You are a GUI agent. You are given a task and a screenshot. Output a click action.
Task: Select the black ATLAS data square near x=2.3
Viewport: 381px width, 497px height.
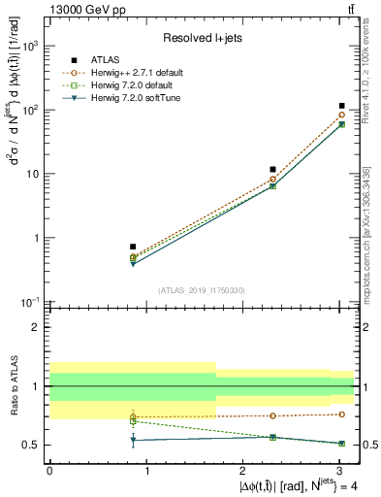click(273, 170)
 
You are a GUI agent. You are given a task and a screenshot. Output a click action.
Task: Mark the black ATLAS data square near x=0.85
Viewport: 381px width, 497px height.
click(133, 247)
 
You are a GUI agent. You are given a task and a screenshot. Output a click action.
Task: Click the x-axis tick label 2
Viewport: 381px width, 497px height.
click(243, 471)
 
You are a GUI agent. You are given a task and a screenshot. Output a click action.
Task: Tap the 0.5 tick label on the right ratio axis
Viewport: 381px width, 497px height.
click(369, 446)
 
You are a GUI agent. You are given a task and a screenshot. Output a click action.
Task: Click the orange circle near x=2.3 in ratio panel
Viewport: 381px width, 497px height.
click(273, 415)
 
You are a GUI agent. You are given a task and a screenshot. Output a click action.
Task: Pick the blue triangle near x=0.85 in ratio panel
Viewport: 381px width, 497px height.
click(133, 440)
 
